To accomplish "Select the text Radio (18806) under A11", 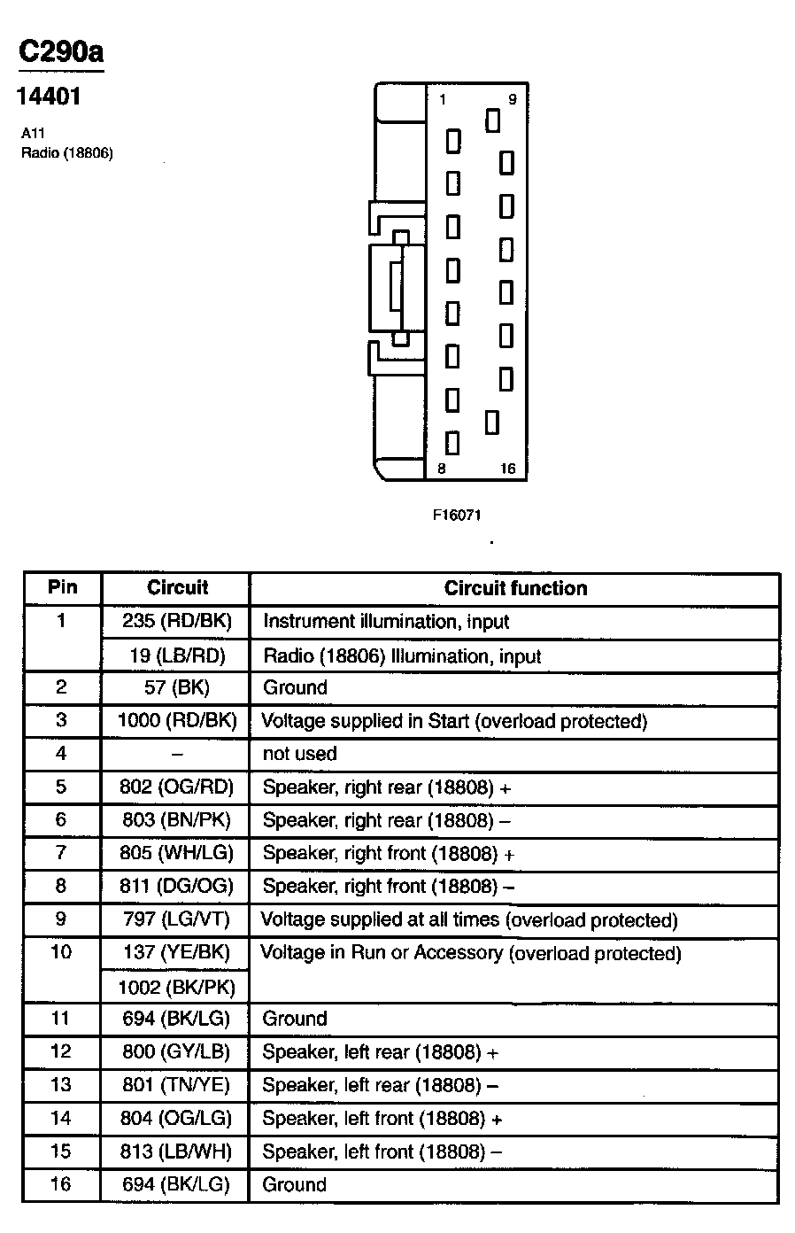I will point(67,152).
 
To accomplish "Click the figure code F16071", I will point(457,515).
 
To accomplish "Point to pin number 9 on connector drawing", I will point(512,100).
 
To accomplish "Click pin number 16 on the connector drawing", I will point(507,469).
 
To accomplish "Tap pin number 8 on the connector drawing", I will point(442,469).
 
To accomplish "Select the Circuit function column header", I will point(515,588).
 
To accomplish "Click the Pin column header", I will point(62,587).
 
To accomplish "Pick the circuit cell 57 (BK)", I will point(176,687).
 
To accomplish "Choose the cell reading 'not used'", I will point(300,754).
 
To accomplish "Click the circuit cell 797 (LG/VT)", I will point(176,919).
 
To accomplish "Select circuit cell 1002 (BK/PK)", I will point(176,987).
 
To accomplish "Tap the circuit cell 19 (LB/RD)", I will point(176,656).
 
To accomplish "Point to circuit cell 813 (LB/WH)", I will point(176,1152).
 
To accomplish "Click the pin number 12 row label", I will point(61,1051).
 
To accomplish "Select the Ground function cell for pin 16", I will point(295,1185).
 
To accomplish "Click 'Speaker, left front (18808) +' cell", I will point(382,1119).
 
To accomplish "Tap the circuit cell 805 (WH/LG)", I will point(176,854).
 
